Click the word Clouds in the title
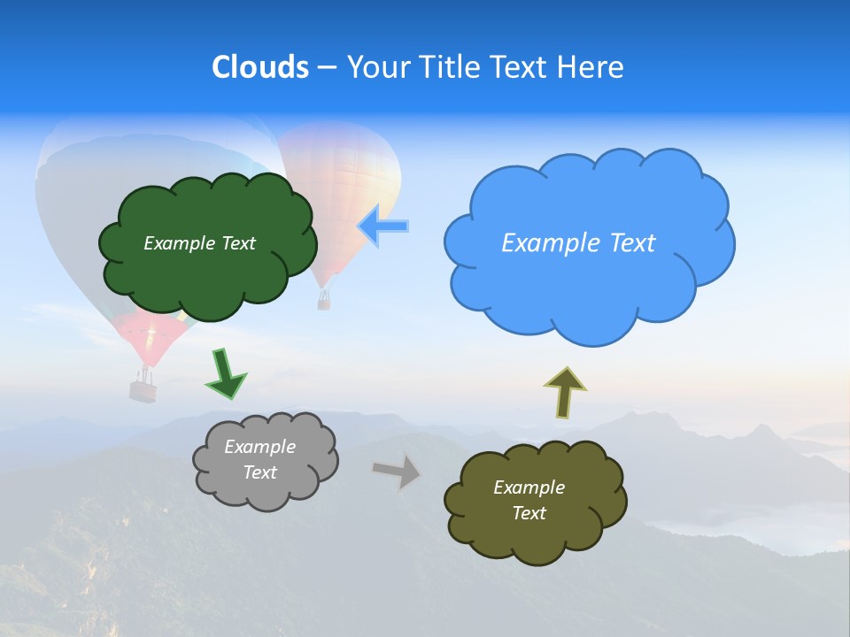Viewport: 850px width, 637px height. (260, 67)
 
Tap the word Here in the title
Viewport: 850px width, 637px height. (592, 67)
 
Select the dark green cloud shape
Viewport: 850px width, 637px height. (207, 265)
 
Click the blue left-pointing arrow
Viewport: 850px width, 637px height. (382, 226)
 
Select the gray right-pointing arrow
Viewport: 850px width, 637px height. (397, 471)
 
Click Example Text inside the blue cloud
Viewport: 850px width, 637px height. (578, 243)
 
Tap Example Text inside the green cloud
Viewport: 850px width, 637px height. (199, 243)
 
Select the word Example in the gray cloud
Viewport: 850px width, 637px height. (259, 447)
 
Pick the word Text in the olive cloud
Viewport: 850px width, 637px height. (529, 513)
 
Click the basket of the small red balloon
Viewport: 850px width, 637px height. (143, 389)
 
